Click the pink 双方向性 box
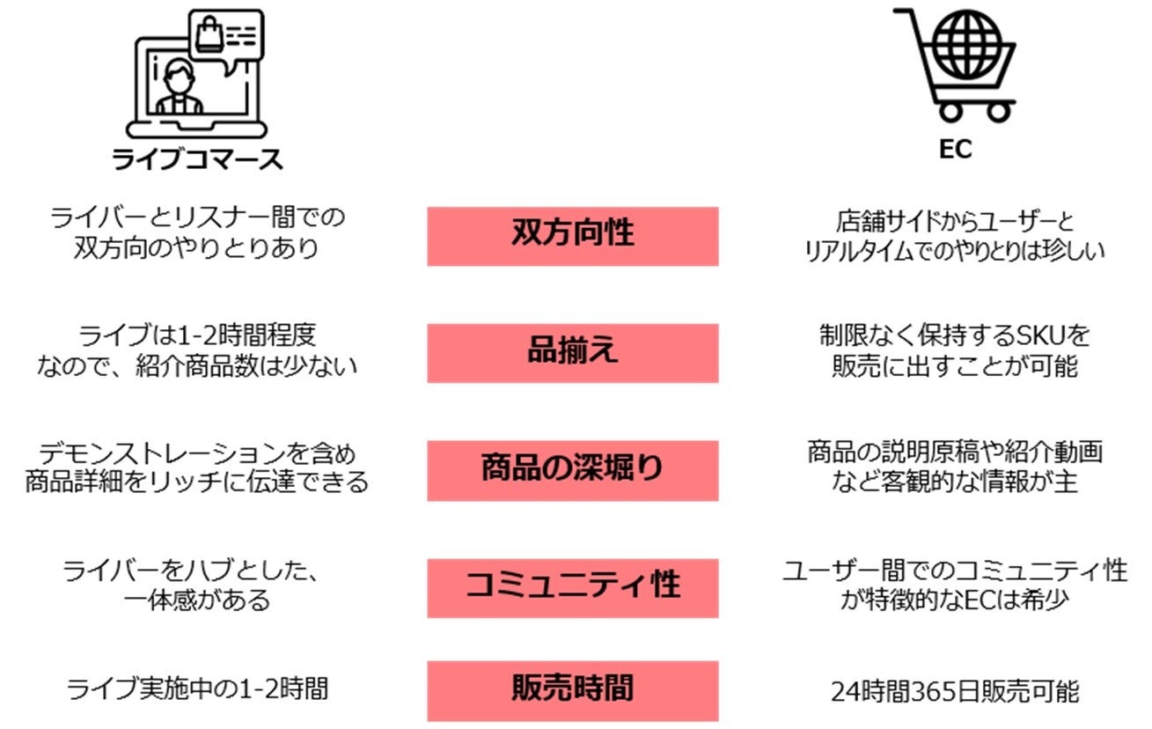572,235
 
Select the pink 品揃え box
572,352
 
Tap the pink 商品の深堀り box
572,470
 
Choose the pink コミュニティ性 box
572,586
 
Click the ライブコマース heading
197,159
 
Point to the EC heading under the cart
955,150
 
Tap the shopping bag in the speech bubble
209,36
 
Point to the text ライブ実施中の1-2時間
197,688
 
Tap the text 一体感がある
197,600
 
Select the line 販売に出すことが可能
955,366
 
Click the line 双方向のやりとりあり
197,248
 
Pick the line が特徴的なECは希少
955,601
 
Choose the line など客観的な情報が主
955,483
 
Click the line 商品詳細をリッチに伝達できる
197,483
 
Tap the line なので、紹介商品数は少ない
197,366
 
